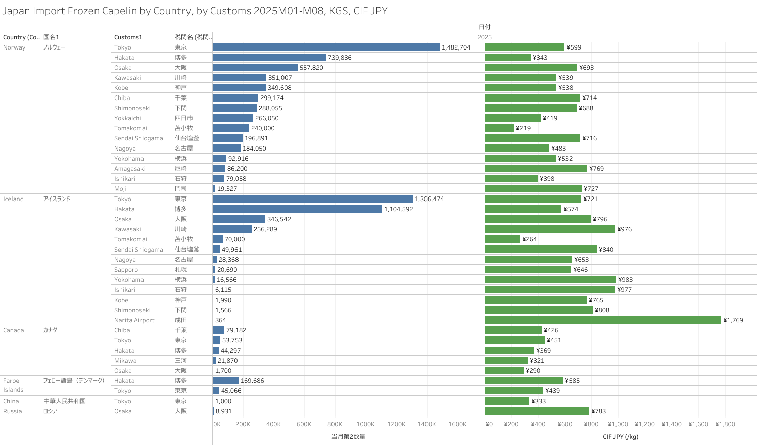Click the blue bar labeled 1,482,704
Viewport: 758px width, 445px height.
(x=326, y=47)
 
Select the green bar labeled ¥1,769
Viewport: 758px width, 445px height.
(x=603, y=320)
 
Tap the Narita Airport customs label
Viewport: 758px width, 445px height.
(x=134, y=320)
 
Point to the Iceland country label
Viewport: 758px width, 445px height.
(x=13, y=199)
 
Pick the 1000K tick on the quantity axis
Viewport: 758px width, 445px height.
(x=365, y=424)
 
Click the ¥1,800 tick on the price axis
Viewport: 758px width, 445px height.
(x=725, y=424)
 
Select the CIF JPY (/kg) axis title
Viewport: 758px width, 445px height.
(x=621, y=437)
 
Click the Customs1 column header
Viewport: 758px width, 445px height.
(x=128, y=37)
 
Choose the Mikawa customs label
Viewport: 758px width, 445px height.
(x=125, y=361)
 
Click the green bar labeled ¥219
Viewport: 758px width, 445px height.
(x=499, y=128)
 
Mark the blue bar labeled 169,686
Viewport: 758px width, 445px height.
(x=225, y=381)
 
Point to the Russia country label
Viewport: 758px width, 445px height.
(x=13, y=411)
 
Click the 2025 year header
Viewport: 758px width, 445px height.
(x=484, y=37)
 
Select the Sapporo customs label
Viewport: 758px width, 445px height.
(x=126, y=270)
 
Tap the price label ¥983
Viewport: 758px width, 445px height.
(x=626, y=280)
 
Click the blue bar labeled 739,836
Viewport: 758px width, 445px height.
(x=269, y=58)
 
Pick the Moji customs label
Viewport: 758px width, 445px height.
(x=120, y=189)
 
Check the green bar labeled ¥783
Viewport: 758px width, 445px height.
(x=537, y=411)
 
